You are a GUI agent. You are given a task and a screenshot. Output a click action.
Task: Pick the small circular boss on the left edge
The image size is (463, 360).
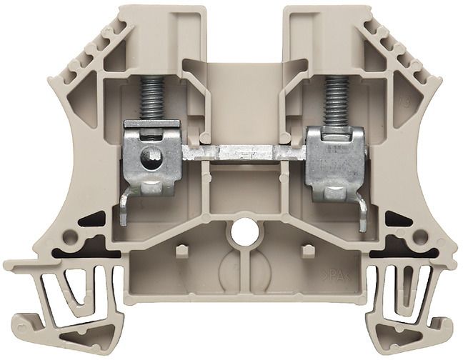tap(71, 235)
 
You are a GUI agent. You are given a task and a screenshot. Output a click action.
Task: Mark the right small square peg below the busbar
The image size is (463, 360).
tap(308, 251)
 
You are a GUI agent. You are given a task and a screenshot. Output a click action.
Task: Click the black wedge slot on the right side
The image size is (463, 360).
tap(394, 219)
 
